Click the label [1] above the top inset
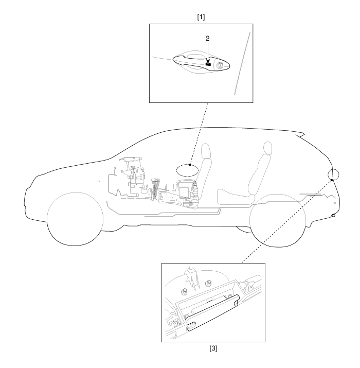coord(201,17)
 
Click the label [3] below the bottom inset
coord(213,349)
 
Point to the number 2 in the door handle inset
coord(208,39)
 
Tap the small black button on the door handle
coord(208,64)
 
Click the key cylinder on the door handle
coord(220,66)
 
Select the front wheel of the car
coord(75,219)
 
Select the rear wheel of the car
coord(278,221)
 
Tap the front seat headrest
coord(206,151)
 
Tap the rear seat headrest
coord(268,148)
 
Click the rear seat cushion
coord(236,197)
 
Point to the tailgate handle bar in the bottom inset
coord(212,312)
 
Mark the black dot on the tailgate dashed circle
coord(332,180)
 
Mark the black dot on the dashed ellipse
coord(190,165)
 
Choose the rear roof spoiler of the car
coord(300,134)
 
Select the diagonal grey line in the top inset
coord(243,63)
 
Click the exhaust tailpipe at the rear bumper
coord(333,215)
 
